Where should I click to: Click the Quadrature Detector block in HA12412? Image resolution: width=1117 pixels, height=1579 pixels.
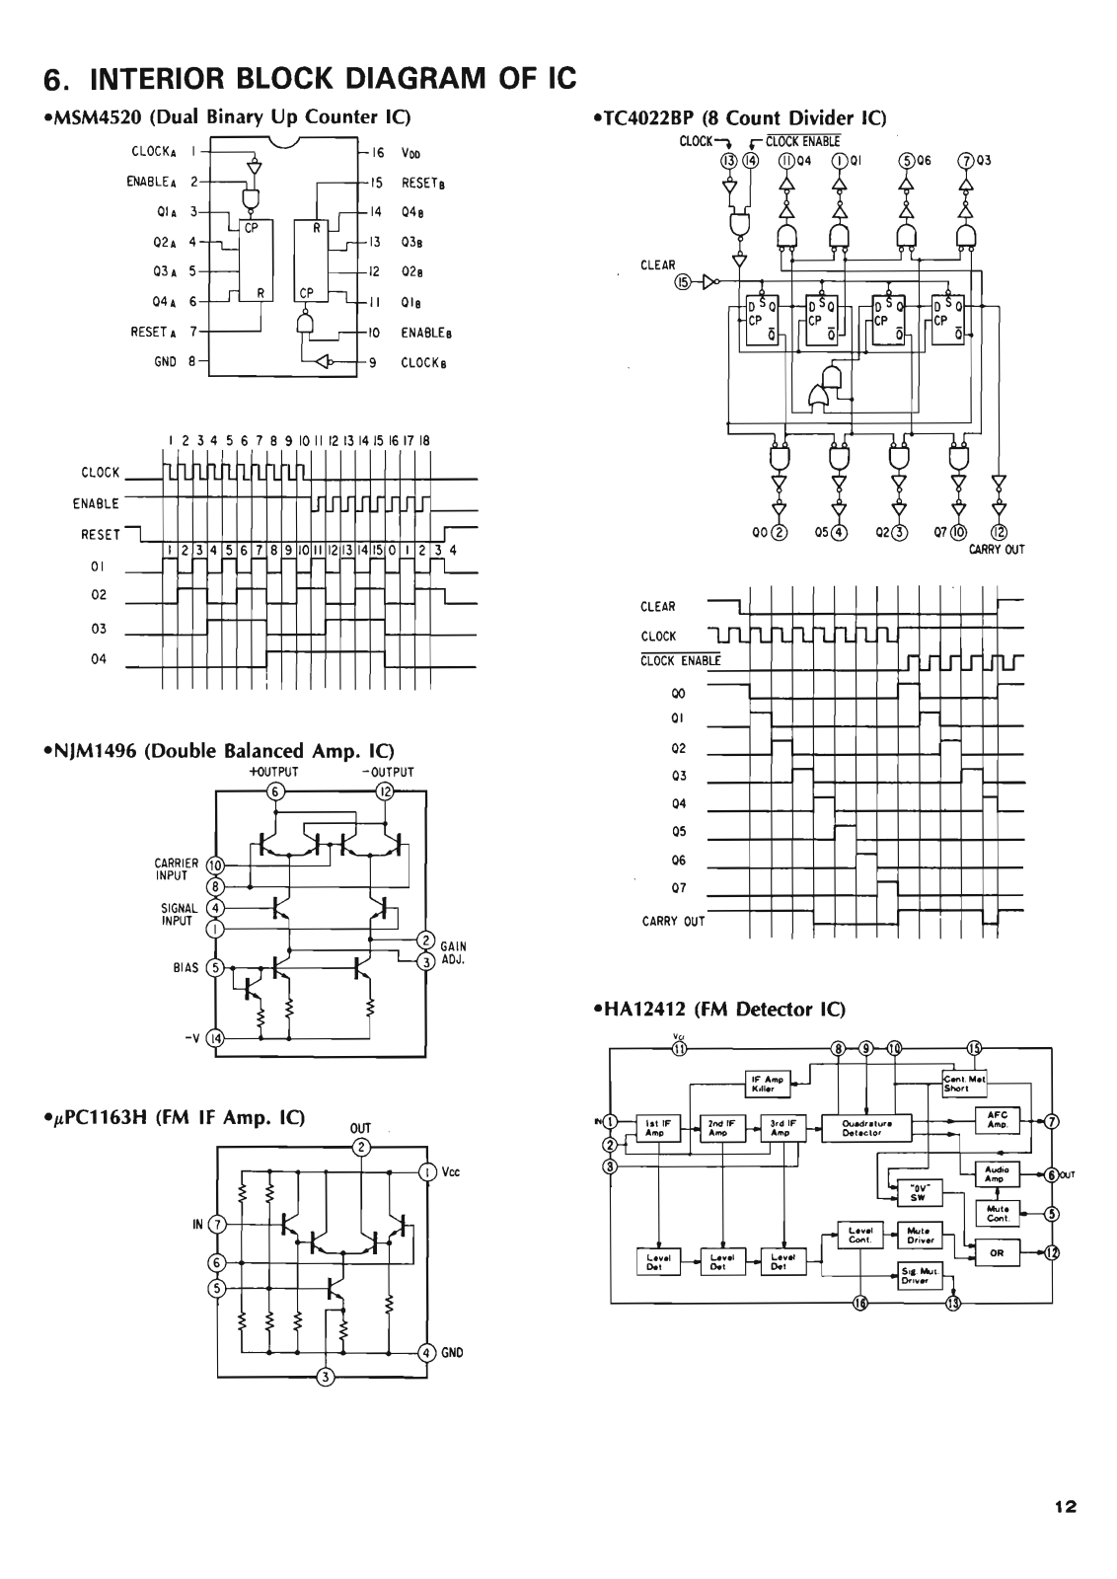[x=866, y=1128]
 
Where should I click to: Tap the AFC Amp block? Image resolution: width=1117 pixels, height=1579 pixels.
[x=996, y=1120]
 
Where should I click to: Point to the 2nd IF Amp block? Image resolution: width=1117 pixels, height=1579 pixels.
[x=717, y=1128]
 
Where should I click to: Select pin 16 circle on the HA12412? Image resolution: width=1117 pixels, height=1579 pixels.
[x=859, y=1304]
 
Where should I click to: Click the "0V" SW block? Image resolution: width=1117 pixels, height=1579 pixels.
[x=916, y=1191]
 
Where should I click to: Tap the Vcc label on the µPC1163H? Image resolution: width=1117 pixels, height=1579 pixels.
[x=451, y=1172]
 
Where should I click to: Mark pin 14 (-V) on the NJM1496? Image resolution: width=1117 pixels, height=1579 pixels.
[x=217, y=1038]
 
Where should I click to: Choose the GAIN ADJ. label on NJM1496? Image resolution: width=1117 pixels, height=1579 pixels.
[x=453, y=952]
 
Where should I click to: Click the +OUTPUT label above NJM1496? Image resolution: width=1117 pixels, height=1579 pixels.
[x=274, y=772]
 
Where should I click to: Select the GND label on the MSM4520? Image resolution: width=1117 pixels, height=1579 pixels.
[x=165, y=362]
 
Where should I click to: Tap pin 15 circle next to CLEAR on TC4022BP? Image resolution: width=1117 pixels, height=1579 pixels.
[x=682, y=283]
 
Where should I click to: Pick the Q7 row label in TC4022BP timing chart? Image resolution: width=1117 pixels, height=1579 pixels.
[x=678, y=888]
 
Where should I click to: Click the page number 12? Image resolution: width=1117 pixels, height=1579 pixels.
[x=1065, y=1506]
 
